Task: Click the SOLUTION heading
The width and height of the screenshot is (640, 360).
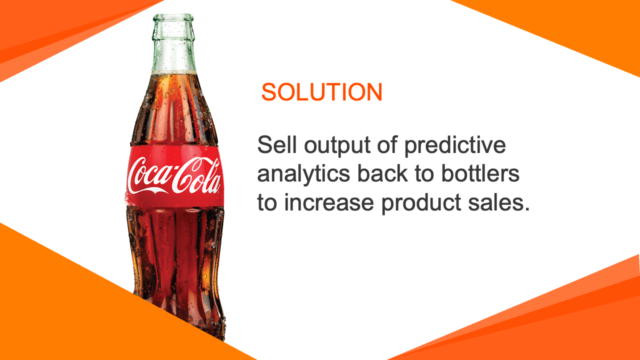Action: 321,91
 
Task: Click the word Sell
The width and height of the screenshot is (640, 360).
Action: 277,144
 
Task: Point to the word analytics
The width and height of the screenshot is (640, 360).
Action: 303,175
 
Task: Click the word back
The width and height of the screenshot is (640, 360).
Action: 382,173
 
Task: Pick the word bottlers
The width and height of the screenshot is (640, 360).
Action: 480,173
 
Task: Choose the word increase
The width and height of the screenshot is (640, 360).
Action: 329,202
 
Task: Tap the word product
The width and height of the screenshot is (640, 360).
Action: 421,203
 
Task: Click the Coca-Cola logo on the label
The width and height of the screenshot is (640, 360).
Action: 174,175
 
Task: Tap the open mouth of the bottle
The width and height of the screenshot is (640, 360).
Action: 173,17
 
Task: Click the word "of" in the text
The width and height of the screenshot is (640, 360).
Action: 387,144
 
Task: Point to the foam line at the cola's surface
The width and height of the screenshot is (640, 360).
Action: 174,72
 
